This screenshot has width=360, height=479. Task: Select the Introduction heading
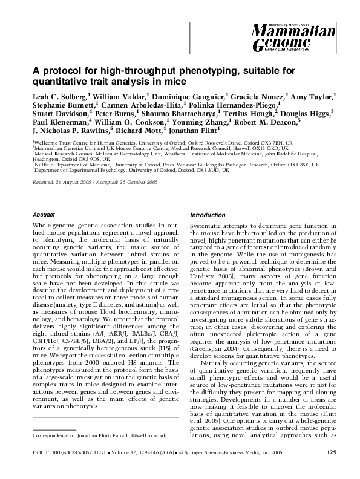[x=208, y=215]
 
